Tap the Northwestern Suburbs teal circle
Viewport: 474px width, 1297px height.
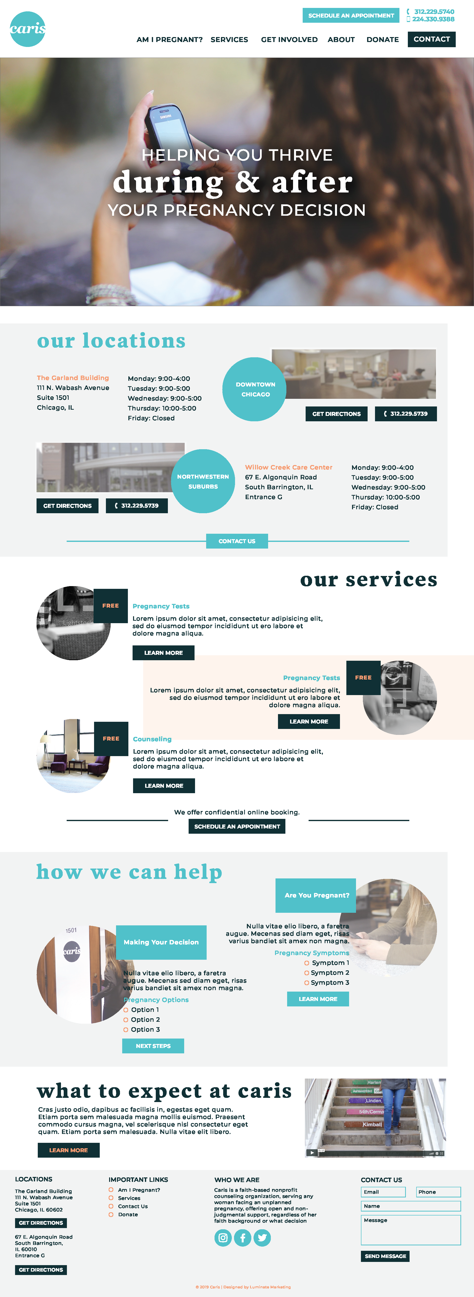[x=203, y=481]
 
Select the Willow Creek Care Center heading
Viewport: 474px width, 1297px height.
[x=288, y=467]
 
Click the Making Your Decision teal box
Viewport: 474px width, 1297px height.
[x=161, y=942]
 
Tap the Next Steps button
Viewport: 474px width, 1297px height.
[x=153, y=1046]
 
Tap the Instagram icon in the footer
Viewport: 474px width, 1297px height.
[x=223, y=1238]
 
